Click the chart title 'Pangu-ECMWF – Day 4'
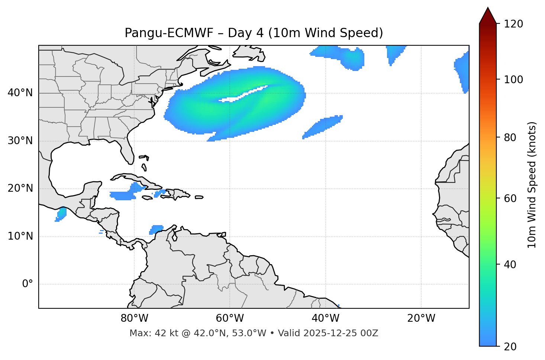tap(254, 33)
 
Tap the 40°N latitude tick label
tap(20, 93)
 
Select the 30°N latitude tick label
tap(20, 141)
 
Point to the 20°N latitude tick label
tap(20, 188)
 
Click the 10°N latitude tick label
tap(20, 236)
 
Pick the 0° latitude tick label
tap(27, 284)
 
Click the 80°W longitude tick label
tap(134, 318)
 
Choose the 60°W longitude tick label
tap(230, 318)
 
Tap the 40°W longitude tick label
tap(325, 318)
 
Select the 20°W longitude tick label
tap(421, 318)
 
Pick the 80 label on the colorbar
tap(512, 137)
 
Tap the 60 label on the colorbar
tap(512, 198)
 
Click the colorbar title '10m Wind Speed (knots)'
tap(532, 185)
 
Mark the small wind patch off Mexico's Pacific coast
tap(61, 214)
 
